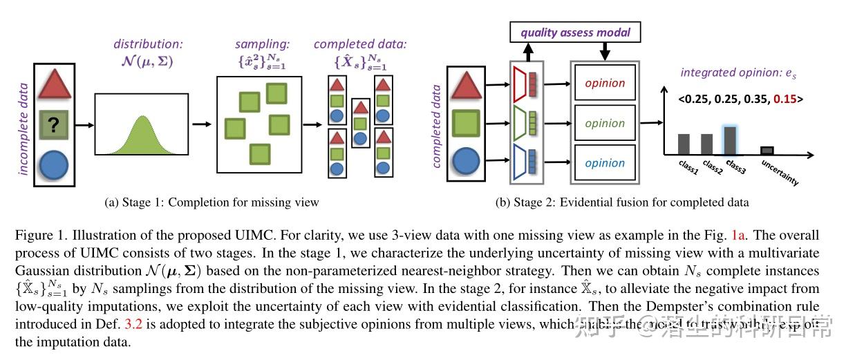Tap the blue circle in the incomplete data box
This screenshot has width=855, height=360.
(x=53, y=166)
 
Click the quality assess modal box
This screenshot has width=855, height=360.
(x=576, y=32)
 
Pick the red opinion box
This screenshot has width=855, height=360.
(x=605, y=83)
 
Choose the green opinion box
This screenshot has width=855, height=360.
(x=605, y=123)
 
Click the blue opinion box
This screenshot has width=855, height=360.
(x=605, y=163)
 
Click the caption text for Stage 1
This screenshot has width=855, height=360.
(x=212, y=202)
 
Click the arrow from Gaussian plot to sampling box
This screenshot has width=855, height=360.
(x=202, y=124)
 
